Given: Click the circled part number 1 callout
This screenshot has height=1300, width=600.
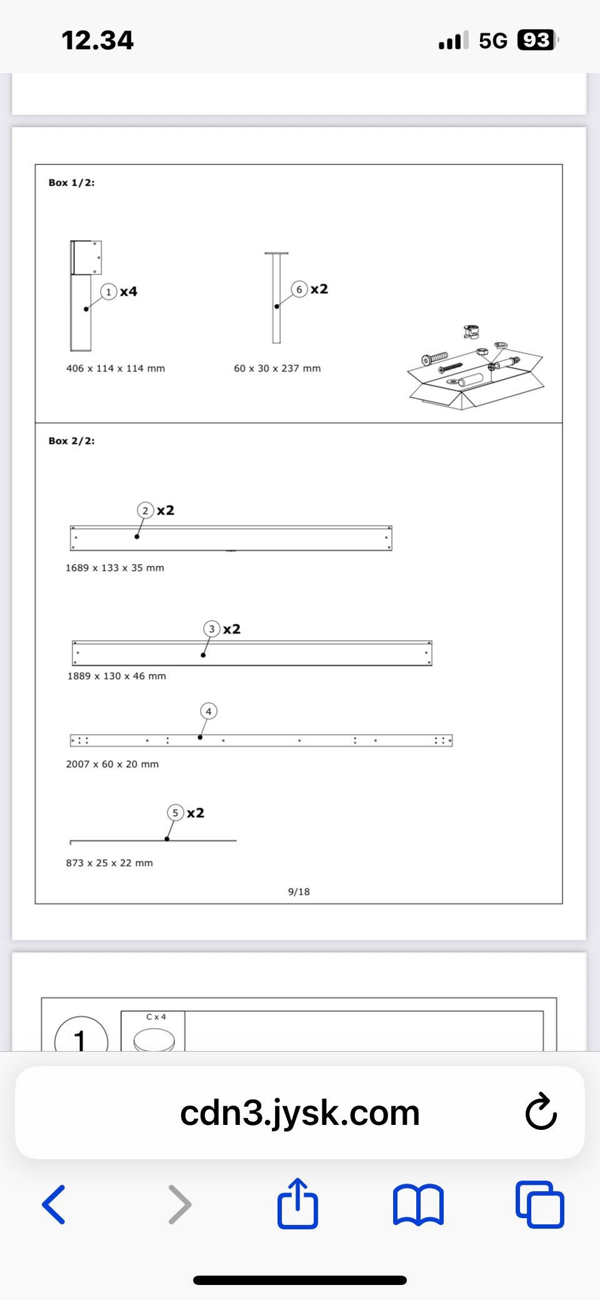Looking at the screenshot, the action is coord(109,291).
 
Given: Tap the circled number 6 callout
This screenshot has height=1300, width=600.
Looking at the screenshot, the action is coord(299,289).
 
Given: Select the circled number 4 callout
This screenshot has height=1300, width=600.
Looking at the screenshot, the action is coord(209,711).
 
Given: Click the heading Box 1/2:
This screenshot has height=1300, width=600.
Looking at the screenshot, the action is coord(72,183).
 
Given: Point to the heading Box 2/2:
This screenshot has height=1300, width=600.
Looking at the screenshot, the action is coord(72,441).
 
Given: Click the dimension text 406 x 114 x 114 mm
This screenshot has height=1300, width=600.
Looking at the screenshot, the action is coord(116,368).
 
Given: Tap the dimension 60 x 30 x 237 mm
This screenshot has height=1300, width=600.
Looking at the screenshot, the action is coord(277,368).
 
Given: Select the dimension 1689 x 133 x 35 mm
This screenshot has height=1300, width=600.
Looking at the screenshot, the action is coord(115,568).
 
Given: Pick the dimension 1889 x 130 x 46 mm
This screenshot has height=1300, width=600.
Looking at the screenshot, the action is coord(117,676).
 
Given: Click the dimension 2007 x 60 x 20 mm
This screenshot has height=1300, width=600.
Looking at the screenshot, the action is coord(112,764).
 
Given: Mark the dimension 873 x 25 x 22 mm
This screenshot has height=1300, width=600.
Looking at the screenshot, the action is coord(109,863).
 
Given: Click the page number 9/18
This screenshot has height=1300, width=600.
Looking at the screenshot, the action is coord(299,892).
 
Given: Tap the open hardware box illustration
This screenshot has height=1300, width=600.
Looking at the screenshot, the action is coord(476,369).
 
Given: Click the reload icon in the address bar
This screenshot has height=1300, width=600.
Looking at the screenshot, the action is coord(541,1112).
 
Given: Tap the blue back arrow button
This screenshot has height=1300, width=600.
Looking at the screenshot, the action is coord(54,1204).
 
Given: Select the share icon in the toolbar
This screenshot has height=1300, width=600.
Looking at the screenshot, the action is coord(297,1202).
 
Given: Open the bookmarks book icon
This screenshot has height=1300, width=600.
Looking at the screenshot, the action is coord(418,1205).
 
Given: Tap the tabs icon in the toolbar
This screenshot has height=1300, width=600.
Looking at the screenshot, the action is coord(540,1204).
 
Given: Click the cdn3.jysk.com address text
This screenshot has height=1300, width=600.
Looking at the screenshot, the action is coord(300,1113).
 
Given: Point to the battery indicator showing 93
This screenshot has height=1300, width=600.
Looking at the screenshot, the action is coord(537,41).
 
